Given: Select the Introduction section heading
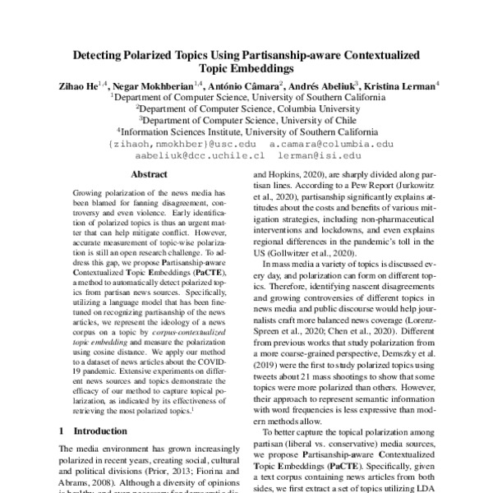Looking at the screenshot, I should coord(100,430).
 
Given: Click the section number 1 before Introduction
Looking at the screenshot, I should coord(62,430).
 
